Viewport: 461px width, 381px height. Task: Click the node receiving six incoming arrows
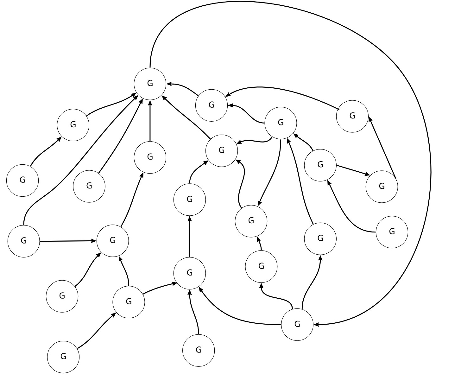point(150,84)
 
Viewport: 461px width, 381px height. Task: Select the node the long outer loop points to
point(297,324)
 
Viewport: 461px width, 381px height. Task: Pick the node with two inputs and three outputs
point(280,123)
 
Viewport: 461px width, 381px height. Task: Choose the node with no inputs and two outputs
point(23,241)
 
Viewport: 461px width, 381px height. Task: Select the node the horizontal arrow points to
point(112,240)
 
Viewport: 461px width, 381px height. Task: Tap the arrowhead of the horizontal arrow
point(94,241)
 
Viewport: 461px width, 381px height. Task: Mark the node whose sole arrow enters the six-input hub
point(89,186)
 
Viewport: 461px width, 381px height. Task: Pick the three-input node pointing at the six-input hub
point(221,150)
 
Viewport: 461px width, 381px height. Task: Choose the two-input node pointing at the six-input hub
point(212,105)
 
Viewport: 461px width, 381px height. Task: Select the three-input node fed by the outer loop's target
point(189,273)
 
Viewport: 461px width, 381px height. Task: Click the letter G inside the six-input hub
point(150,83)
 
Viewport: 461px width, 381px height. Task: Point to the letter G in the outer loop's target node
point(297,324)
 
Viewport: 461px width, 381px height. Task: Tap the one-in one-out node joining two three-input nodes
point(189,199)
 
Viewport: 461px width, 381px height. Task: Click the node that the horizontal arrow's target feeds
point(150,157)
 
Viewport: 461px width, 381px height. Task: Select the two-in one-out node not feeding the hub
point(251,221)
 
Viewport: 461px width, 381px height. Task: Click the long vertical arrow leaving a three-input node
point(189,236)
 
